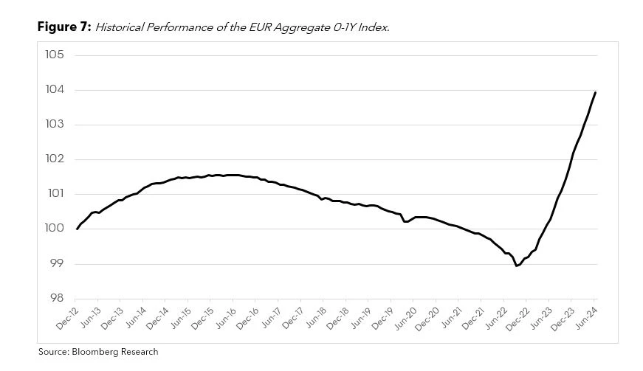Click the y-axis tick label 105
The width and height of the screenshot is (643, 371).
pyautogui.click(x=55, y=55)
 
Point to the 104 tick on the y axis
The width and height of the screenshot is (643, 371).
pyautogui.click(x=55, y=90)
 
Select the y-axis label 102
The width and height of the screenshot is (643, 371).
pyautogui.click(x=55, y=159)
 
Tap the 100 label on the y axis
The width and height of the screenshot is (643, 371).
pyautogui.click(x=55, y=229)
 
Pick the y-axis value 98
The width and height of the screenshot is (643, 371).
pyautogui.click(x=58, y=298)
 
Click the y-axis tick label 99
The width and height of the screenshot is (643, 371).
pyautogui.click(x=58, y=263)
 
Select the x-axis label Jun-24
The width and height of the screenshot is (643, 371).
pyautogui.click(x=586, y=319)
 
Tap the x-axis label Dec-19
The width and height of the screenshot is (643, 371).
pyautogui.click(x=382, y=319)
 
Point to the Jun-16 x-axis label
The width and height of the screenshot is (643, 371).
pyautogui.click(x=224, y=319)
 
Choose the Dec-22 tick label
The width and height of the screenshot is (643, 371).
pyautogui.click(x=517, y=319)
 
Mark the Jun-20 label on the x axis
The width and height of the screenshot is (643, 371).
pyautogui.click(x=405, y=319)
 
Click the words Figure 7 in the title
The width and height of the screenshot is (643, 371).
pyautogui.click(x=64, y=27)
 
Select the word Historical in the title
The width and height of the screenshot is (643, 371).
pyautogui.click(x=120, y=27)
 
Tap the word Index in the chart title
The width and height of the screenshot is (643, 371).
pyautogui.click(x=374, y=27)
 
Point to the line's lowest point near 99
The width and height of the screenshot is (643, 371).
pyautogui.click(x=517, y=266)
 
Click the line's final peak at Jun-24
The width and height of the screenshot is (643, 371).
pyautogui.click(x=595, y=92)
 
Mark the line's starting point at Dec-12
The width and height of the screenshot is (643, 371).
pyautogui.click(x=77, y=229)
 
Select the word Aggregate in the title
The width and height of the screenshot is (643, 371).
pyautogui.click(x=302, y=28)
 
